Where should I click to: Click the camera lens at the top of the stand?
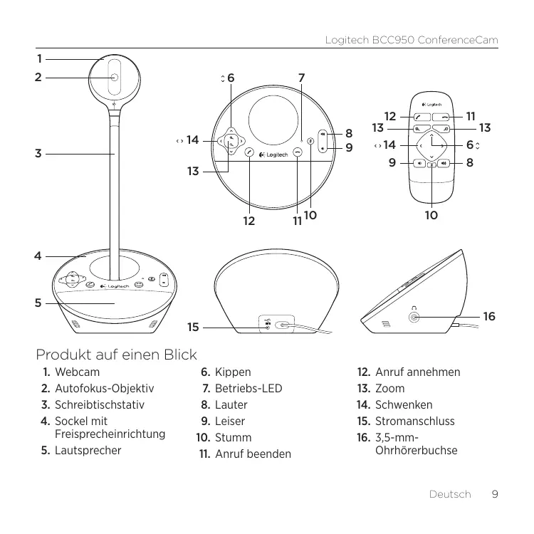pos(114,78)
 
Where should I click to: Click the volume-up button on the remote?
pos(447,163)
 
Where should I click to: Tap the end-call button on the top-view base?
pos(296,152)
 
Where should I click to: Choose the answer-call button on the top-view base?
pos(250,152)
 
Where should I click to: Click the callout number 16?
pos(488,315)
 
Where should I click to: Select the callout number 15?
pos(192,328)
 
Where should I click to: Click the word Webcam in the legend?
pos(77,372)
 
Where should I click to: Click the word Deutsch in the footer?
pos(450,494)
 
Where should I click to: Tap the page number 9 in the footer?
pos(494,494)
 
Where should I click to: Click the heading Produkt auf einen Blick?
pos(117,354)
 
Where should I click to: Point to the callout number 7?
pos(302,76)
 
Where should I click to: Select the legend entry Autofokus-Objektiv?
pos(104,389)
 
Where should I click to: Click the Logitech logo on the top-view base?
pos(275,156)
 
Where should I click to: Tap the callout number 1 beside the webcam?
pos(40,58)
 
